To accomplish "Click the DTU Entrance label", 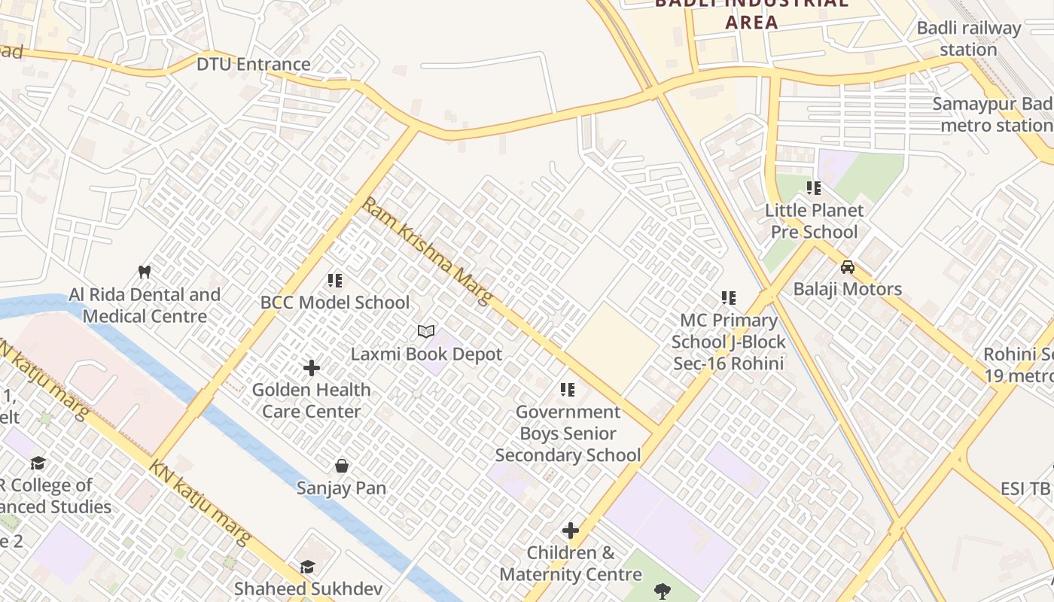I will pos(253,64).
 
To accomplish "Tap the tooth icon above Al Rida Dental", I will pos(145,272).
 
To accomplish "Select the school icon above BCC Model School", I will pos(335,281).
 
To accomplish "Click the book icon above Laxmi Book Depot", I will pos(426,332).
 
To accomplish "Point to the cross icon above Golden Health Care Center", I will pos(312,368).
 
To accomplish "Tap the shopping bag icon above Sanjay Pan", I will pos(342,466).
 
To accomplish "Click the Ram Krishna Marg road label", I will pos(427,251).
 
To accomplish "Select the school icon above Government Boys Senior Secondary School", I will pos(568,390).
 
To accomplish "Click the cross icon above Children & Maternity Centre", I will pos(571,531).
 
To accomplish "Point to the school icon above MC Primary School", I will pos(729,298).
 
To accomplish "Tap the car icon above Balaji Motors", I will pos(848,267).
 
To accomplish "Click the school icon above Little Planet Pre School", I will pos(814,187).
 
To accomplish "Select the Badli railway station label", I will pos(968,39).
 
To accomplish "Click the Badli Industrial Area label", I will pos(751,12).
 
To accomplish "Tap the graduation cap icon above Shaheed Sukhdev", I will pos(307,567).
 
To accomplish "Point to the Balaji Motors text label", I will pos(848,289).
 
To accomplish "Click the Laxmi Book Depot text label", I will pos(426,354).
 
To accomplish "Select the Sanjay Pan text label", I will pos(342,488).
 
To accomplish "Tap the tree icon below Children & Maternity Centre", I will pos(663,591).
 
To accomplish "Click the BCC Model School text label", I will pos(335,303).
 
